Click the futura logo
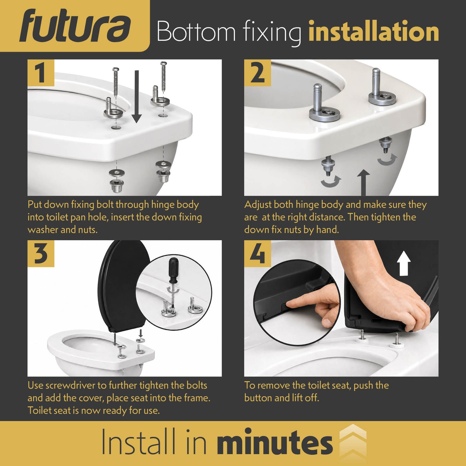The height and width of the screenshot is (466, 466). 75,26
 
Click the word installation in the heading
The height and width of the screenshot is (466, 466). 374,31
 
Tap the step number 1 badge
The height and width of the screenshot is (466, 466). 41,73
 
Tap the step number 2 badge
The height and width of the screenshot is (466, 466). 257,73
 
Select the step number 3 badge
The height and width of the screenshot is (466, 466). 41,253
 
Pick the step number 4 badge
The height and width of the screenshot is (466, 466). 257,253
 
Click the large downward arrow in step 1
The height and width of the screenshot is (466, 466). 136,96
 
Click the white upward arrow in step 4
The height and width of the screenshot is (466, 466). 404,263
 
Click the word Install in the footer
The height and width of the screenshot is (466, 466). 139,442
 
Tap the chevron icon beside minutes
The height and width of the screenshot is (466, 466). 353,443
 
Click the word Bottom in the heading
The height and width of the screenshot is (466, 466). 196,31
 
